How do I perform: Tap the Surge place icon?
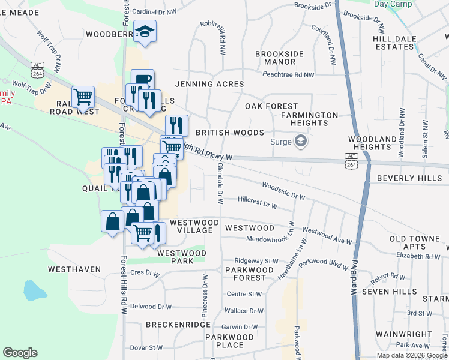tap(301, 142)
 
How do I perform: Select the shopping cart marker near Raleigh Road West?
tap(83, 96)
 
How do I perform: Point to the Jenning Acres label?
tap(209, 84)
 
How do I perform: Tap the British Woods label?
tap(230, 132)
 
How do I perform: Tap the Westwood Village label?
tap(191, 226)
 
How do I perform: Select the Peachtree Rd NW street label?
tap(289, 75)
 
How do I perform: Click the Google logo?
tap(20, 353)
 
